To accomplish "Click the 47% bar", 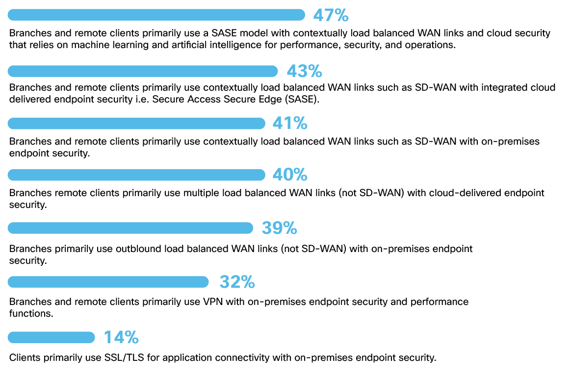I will pyautogui.click(x=156, y=15).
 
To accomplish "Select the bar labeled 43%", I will pyautogui.click(x=143, y=71).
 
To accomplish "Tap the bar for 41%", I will pyautogui.click(x=136, y=123).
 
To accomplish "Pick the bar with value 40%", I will pyautogui.click(x=136, y=175).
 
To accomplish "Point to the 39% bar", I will pyautogui.click(x=130, y=228).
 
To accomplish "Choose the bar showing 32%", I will pyautogui.click(x=108, y=282).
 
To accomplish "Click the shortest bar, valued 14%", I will pyautogui.click(x=52, y=337).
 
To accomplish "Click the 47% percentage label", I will pyautogui.click(x=331, y=15).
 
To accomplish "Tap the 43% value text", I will pyautogui.click(x=304, y=71).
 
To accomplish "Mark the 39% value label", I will pyautogui.click(x=279, y=228).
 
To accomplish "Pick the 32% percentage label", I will pyautogui.click(x=237, y=282).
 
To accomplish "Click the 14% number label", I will pyautogui.click(x=121, y=337).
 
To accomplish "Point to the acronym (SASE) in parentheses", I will pyautogui.click(x=303, y=100).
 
